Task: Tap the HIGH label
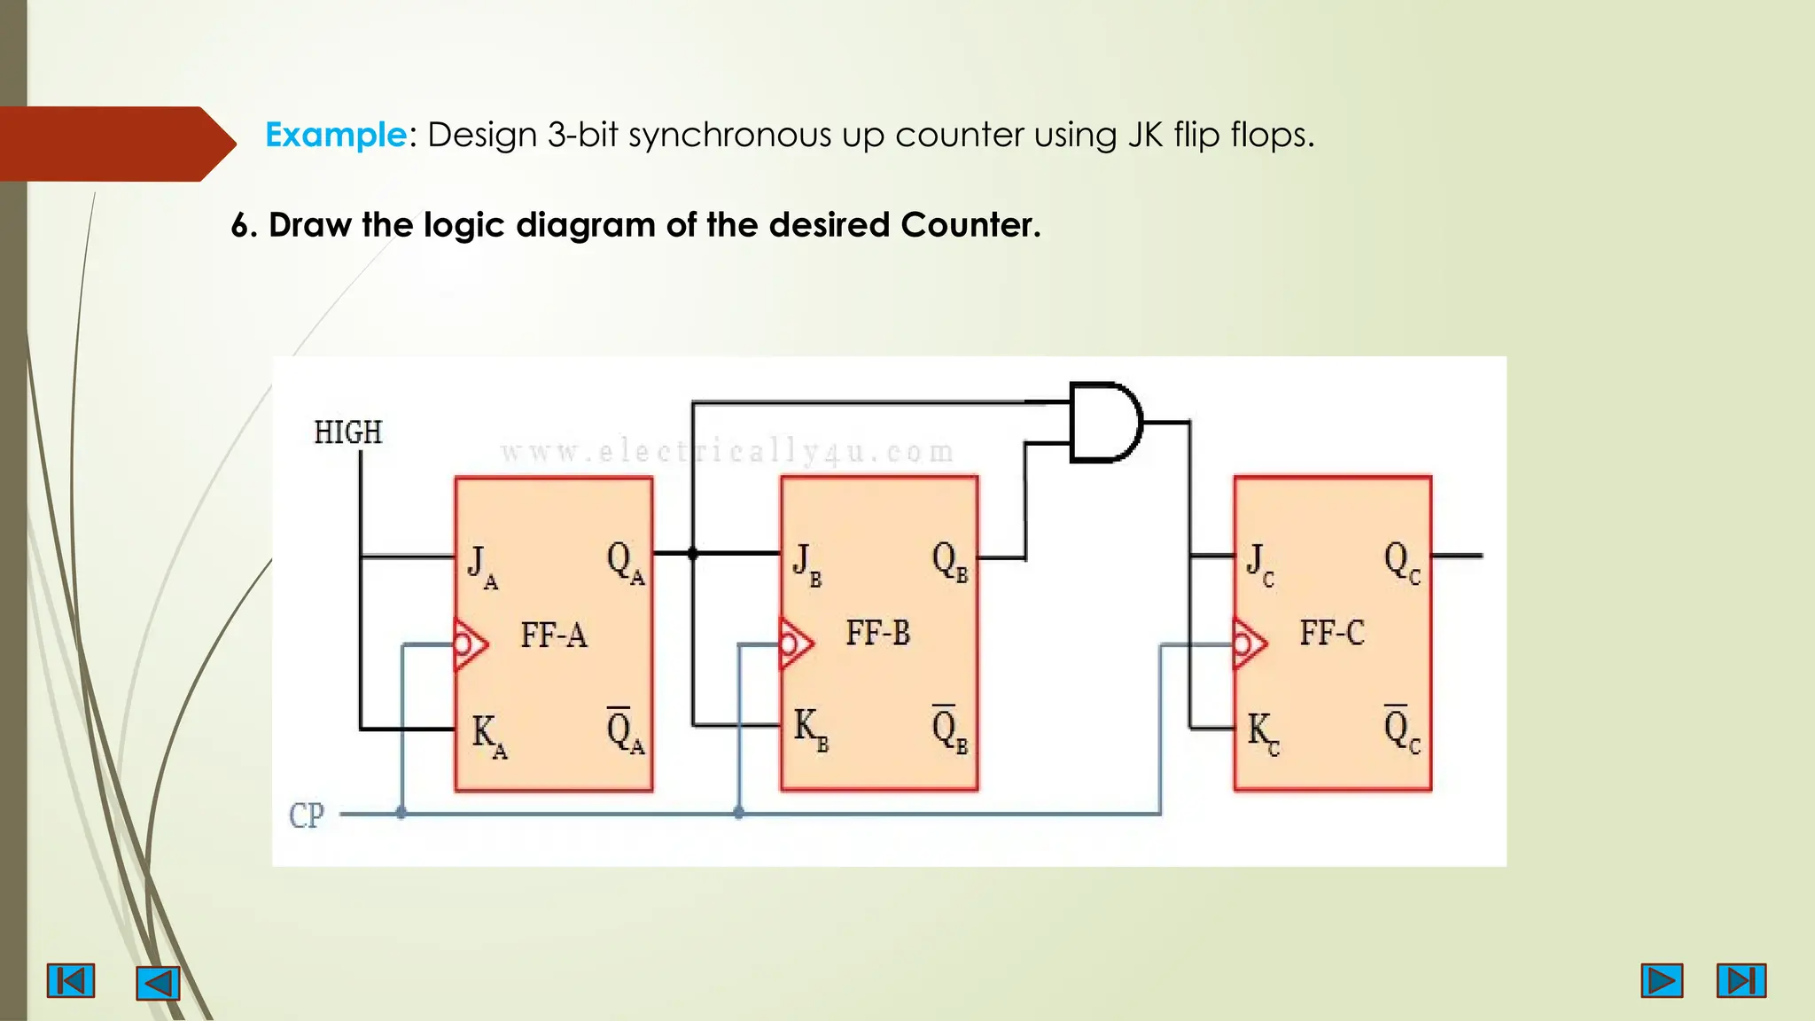click(348, 433)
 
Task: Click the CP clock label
click(307, 815)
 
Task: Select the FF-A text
click(554, 635)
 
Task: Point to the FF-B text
click(877, 634)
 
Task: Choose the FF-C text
click(1331, 634)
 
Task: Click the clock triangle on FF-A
click(469, 644)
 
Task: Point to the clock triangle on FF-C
click(1248, 643)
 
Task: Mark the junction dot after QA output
click(693, 554)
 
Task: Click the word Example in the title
click(335, 135)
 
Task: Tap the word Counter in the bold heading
click(969, 225)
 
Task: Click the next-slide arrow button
click(1661, 981)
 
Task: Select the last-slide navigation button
click(1741, 981)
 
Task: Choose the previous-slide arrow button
click(158, 983)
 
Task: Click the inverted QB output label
click(949, 729)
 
